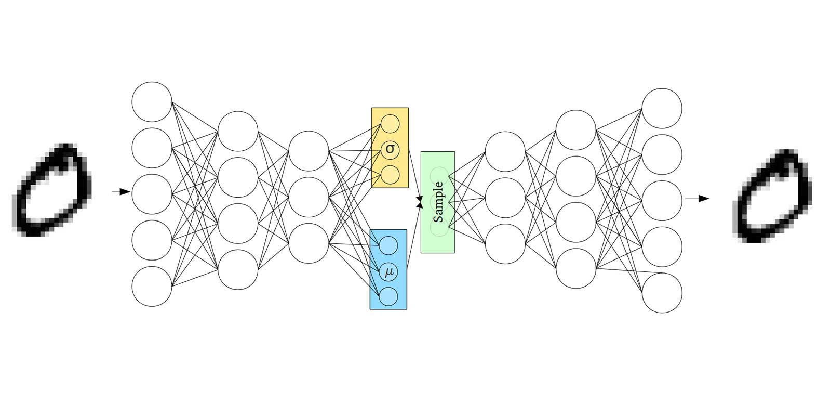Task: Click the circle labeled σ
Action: click(390, 150)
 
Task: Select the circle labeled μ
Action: click(388, 271)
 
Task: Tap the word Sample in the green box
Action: click(438, 202)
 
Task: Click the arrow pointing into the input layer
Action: click(121, 192)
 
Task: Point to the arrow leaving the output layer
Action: click(697, 198)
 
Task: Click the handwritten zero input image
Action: click(52, 190)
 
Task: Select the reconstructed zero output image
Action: click(772, 197)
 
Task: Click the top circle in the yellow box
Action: click(390, 124)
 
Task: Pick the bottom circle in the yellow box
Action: click(390, 175)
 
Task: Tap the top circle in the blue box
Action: click(388, 245)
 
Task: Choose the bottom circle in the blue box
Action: click(388, 296)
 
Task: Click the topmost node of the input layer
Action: click(152, 101)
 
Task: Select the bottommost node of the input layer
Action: click(152, 286)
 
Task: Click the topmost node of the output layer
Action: click(662, 108)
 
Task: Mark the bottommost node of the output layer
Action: click(662, 293)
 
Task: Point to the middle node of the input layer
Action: click(152, 194)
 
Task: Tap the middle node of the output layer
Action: click(662, 200)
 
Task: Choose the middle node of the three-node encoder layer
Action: click(309, 197)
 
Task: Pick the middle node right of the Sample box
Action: click(505, 198)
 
